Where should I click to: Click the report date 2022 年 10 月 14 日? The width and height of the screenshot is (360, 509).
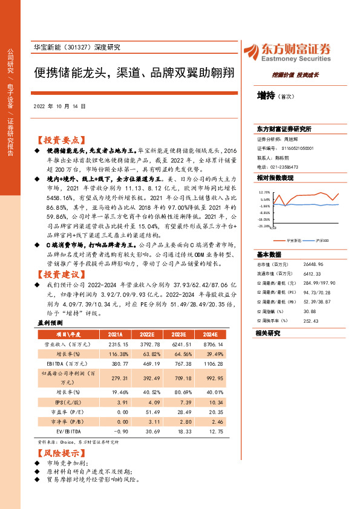pyautogui.click(x=59, y=105)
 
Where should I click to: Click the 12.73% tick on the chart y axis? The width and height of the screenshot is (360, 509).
pyautogui.click(x=265, y=192)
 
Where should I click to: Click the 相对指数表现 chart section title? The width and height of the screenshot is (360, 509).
pyautogui.click(x=275, y=178)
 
